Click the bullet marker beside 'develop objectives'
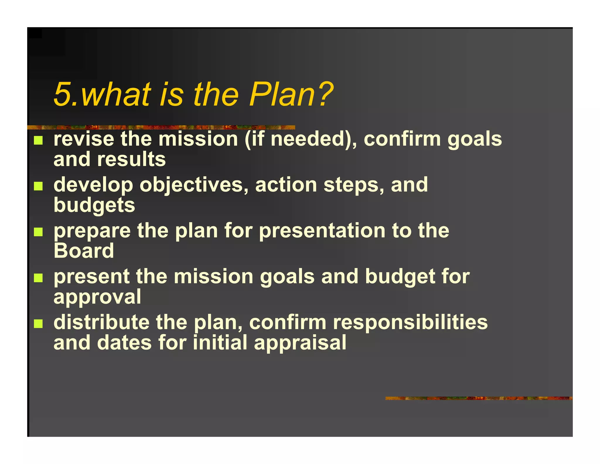[x=38, y=186]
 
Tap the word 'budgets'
[x=94, y=205]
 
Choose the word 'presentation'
[x=322, y=231]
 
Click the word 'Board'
[x=84, y=251]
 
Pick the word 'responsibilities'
[x=410, y=322]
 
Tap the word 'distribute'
[x=101, y=322]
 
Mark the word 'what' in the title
[x=116, y=94]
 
